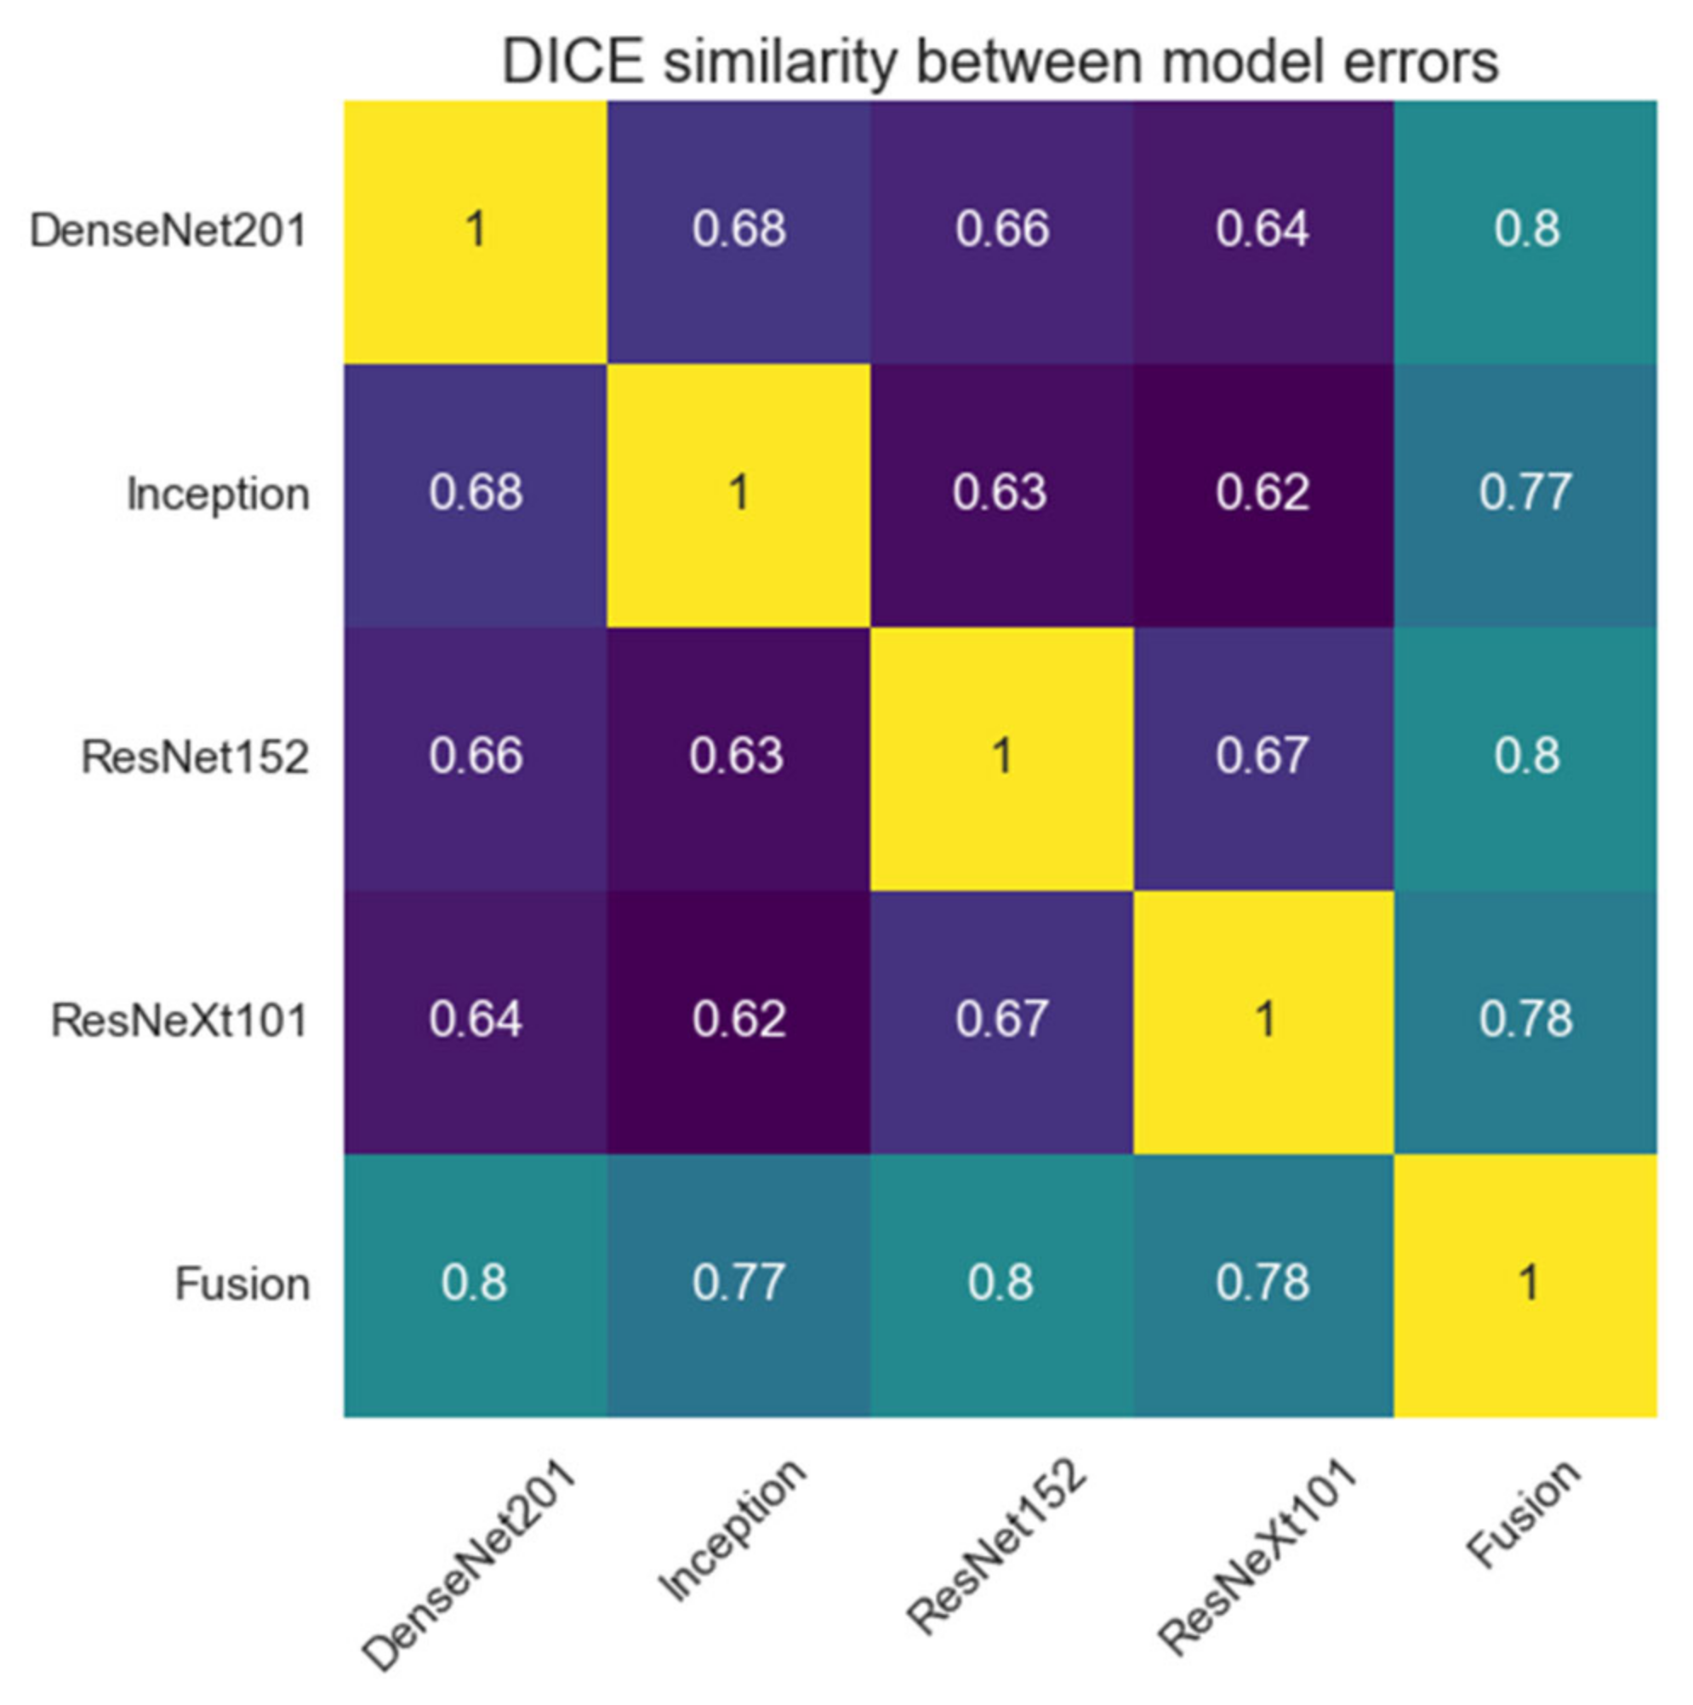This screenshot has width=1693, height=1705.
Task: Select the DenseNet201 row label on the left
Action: point(168,232)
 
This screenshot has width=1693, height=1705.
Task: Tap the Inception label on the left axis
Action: point(218,495)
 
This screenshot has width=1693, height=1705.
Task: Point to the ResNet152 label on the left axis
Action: point(195,758)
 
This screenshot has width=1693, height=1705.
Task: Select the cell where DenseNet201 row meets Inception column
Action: point(738,232)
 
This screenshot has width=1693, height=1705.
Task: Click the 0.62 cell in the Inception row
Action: point(1263,495)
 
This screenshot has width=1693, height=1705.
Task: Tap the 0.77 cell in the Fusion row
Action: point(738,1284)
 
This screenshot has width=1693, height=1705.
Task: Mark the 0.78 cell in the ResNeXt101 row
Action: point(1525,1021)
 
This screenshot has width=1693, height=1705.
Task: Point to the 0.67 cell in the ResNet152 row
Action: point(1263,758)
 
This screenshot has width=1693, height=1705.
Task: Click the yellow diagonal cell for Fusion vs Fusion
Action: point(1525,1284)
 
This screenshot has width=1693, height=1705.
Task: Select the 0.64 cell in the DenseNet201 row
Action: point(1263,232)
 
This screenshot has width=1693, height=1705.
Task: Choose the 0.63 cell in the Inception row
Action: point(1000,495)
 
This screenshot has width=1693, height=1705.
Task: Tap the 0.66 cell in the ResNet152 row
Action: point(476,758)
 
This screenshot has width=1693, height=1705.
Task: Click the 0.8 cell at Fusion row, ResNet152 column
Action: point(1000,1284)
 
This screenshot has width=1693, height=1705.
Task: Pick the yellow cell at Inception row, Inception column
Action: point(738,495)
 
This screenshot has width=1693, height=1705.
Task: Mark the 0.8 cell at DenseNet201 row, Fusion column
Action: point(1525,232)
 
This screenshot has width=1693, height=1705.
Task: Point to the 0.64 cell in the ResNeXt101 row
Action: point(476,1021)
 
